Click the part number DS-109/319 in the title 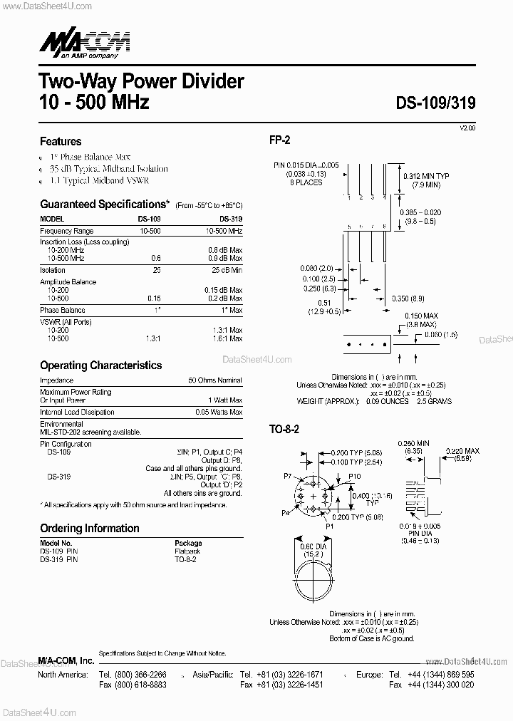click(435, 103)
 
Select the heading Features click(61, 141)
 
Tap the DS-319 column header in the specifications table click(231, 219)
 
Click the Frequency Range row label click(67, 232)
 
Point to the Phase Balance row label click(63, 310)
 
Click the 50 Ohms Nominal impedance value click(215, 380)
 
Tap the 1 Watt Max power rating click(225, 400)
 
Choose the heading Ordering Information click(90, 528)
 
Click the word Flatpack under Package click(187, 551)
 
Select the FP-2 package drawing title click(279, 140)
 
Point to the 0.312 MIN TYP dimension click(426, 175)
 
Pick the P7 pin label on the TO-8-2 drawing click(288, 475)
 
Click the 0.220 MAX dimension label click(462, 452)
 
